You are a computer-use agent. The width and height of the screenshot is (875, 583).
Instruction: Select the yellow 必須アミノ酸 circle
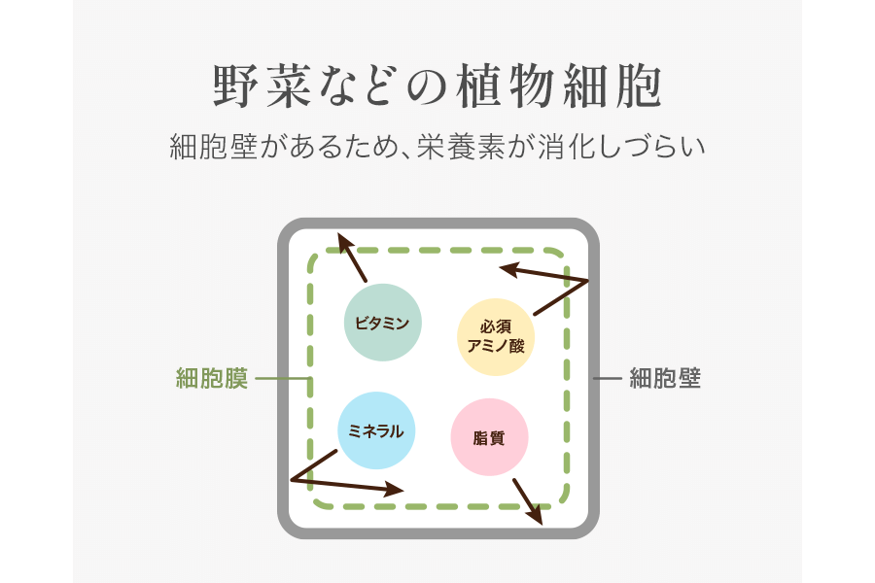point(496,336)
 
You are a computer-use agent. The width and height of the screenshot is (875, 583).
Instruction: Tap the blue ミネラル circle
point(376,430)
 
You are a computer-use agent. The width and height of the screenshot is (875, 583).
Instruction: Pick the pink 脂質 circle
point(489,437)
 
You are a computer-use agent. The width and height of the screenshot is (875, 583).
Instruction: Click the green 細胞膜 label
point(211,378)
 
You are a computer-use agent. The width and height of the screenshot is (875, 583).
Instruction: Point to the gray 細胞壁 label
point(665,378)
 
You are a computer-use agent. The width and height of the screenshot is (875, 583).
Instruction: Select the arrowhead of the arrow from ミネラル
point(393,489)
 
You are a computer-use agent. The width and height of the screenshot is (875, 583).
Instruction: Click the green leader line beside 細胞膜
point(280,378)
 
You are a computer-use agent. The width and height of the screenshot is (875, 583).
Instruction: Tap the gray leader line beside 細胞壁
point(608,378)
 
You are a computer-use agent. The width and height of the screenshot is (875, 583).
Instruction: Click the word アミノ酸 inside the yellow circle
point(496,346)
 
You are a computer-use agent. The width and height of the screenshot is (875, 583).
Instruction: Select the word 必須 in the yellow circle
point(496,326)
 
